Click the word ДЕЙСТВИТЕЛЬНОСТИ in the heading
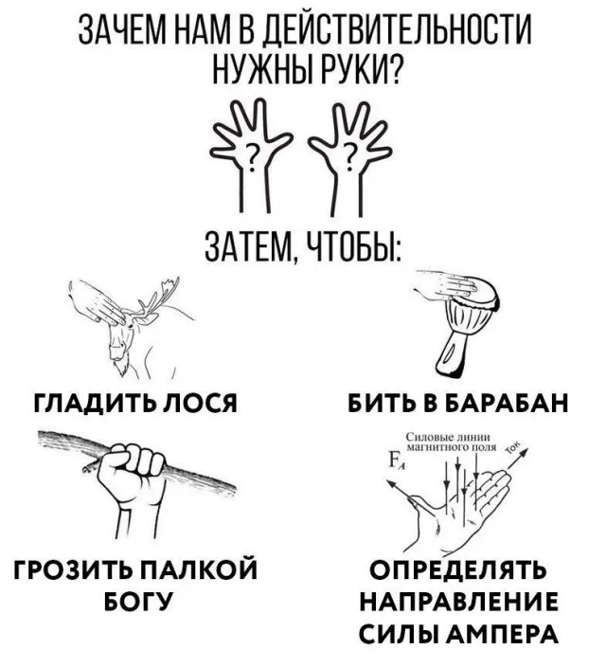point(397,32)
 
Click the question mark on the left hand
point(253,156)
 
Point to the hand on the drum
point(447,284)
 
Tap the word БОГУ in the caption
point(138,600)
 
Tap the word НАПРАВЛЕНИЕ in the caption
point(459,601)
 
